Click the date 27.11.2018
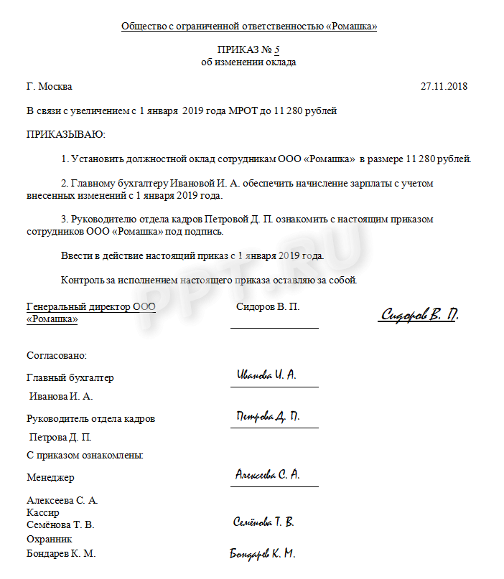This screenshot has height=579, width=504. click(x=444, y=87)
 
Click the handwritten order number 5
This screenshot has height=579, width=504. click(x=277, y=50)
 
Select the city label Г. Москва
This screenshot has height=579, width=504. click(x=50, y=87)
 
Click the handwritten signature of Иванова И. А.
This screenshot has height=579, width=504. click(x=266, y=375)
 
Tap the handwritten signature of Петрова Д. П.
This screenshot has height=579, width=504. click(x=268, y=417)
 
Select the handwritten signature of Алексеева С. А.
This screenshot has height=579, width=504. click(x=268, y=475)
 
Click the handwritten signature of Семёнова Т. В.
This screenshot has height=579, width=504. click(x=263, y=522)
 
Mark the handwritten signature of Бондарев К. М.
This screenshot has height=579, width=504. click(x=262, y=554)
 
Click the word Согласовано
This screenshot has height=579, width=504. click(x=57, y=355)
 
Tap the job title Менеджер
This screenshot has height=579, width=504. click(x=50, y=477)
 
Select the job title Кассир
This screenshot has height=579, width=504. click(x=43, y=513)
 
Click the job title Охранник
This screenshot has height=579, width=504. click(x=50, y=539)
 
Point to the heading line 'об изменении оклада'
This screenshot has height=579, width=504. click(x=248, y=62)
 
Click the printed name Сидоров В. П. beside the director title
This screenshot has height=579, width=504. click(x=268, y=306)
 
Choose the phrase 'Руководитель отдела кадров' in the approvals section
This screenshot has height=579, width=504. click(x=90, y=419)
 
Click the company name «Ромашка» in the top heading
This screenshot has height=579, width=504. click(x=351, y=27)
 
